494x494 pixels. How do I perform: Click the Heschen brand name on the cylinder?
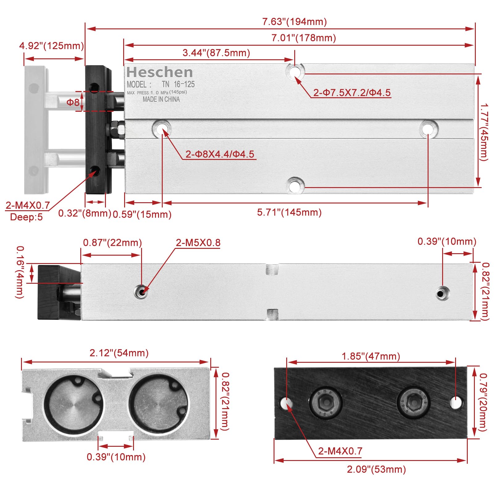160,73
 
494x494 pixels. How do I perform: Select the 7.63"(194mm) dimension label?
294,22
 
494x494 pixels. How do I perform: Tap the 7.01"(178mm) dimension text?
304,38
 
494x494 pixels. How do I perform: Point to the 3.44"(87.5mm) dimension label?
216,53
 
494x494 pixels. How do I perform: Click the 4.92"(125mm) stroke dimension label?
52,46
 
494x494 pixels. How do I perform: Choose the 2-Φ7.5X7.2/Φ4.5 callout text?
352,93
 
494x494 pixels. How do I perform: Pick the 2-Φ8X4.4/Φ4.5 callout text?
220,154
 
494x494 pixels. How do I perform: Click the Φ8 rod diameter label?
73,102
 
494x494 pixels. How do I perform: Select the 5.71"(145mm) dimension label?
289,212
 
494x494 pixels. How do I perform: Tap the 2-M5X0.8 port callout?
198,243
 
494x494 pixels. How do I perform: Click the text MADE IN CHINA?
161,99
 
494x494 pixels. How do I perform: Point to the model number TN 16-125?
178,84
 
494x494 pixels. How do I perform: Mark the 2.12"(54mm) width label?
119,353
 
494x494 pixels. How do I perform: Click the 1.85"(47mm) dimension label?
371,356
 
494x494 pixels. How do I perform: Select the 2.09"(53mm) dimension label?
376,469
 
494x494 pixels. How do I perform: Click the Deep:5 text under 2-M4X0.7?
26,217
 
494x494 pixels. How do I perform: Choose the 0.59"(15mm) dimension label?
142,214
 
